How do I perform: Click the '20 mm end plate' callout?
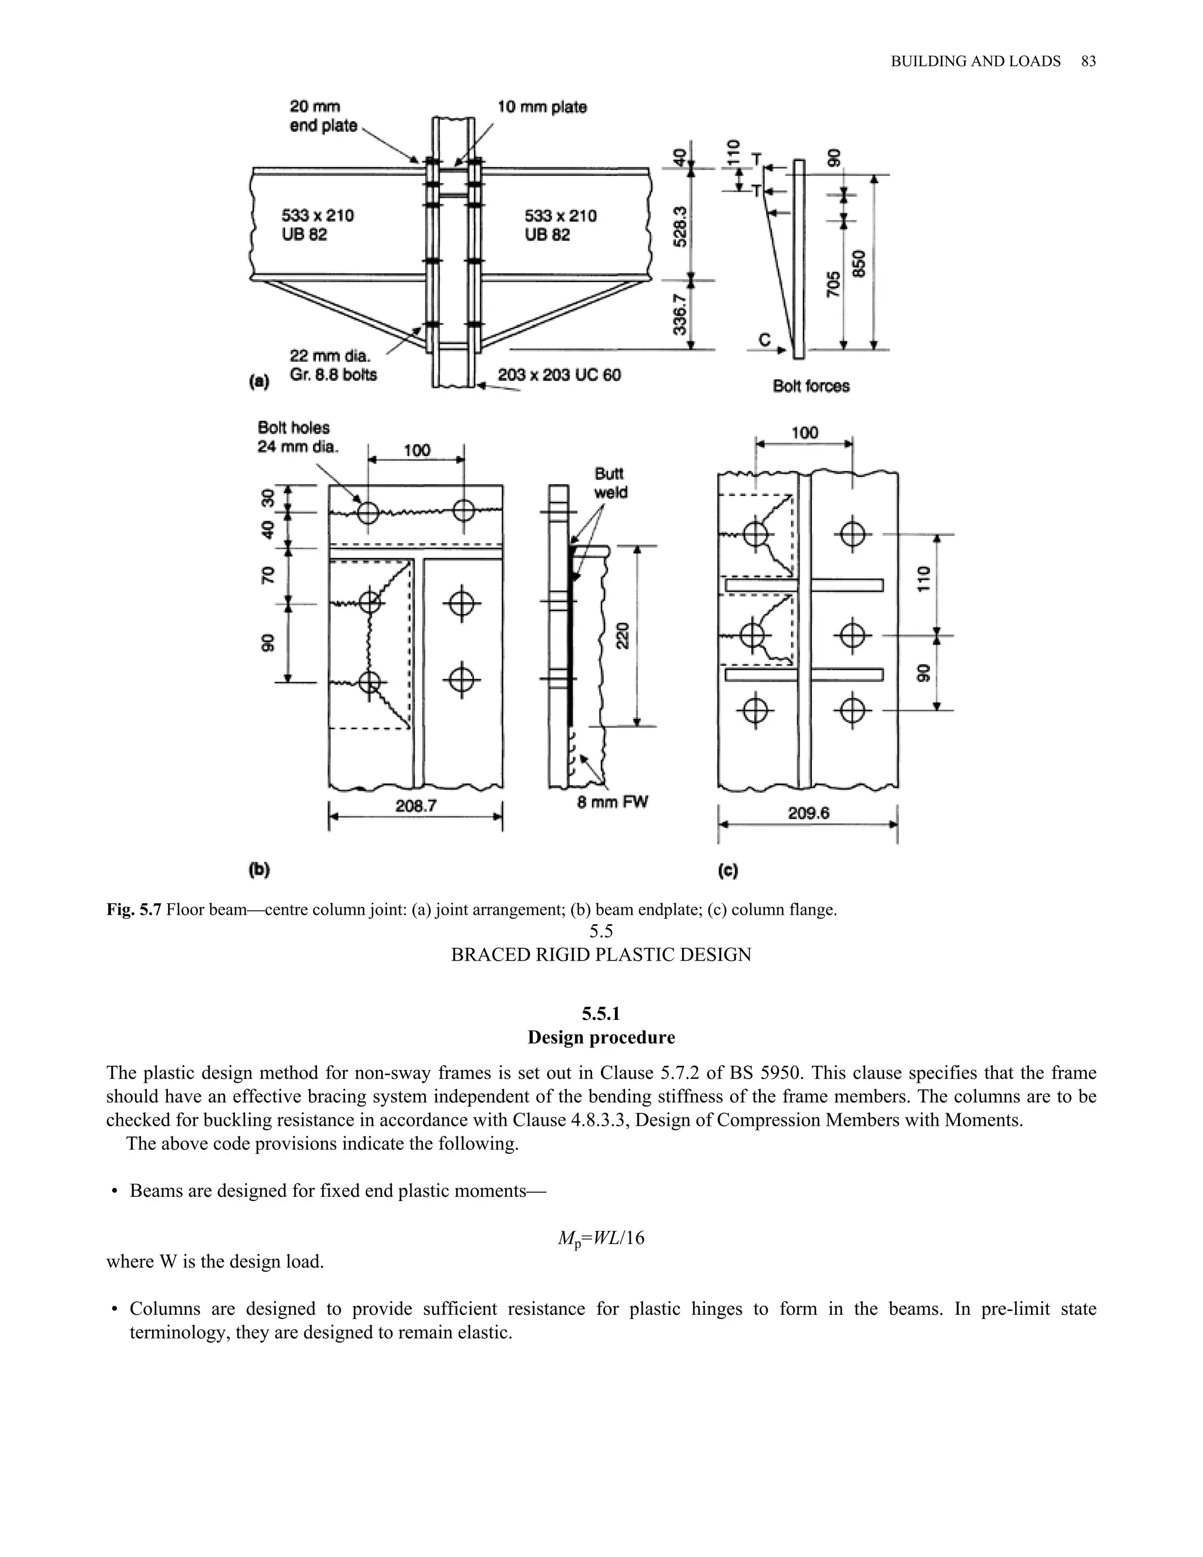coord(323,116)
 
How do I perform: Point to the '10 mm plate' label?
coord(542,108)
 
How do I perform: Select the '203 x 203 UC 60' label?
coord(559,374)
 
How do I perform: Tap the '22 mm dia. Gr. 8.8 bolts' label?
coord(333,365)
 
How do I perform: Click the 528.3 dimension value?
coord(681,227)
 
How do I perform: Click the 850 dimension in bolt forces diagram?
coord(859,264)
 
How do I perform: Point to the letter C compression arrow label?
coord(764,340)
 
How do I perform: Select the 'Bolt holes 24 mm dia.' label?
coord(297,437)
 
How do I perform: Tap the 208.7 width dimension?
coord(416,806)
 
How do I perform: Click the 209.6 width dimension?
coord(808,813)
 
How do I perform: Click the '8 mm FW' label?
coord(613,802)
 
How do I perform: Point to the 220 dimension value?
coord(622,635)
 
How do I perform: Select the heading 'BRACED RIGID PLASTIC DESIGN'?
coord(601,955)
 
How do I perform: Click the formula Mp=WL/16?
coord(601,1239)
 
